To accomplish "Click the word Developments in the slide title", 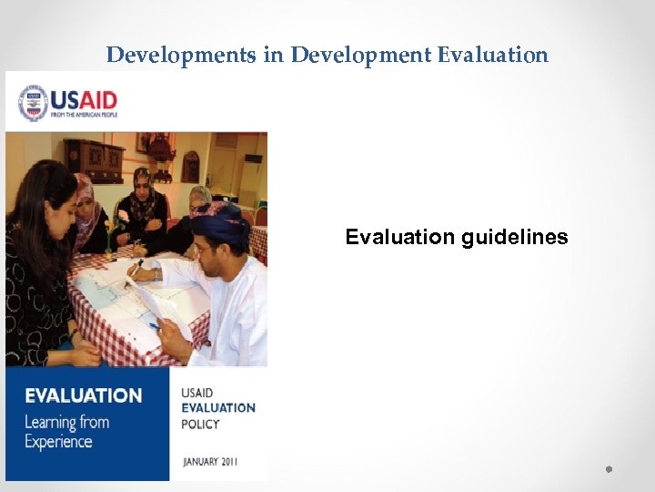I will [180, 55].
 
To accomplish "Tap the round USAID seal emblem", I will [34, 103].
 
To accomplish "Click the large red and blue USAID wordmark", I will [84, 98].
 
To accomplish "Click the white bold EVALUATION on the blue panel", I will [83, 395].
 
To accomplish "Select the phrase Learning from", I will [66, 422].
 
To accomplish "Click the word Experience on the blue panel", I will [58, 442].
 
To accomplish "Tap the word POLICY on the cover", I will [200, 424].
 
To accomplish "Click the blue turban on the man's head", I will [220, 220].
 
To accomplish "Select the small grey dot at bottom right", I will [608, 468].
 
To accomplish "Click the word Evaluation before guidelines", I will [399, 238].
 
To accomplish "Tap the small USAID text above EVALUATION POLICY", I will [196, 394].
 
